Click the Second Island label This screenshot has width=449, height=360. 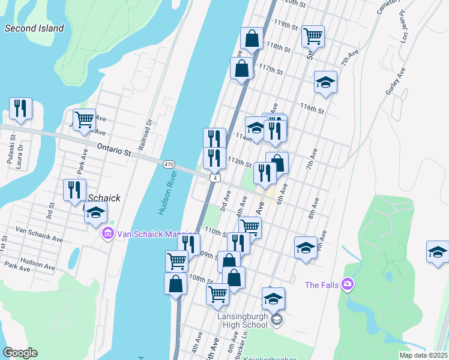[x=34, y=28]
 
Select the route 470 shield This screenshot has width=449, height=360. [x=169, y=164]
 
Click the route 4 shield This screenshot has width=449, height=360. [x=214, y=178]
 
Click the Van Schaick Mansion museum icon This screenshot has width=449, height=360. [x=107, y=233]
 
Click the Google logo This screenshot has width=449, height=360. [x=20, y=353]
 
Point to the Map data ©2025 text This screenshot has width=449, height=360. [x=423, y=355]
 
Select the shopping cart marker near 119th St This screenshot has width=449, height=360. [x=313, y=37]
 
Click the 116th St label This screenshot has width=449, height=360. [x=312, y=109]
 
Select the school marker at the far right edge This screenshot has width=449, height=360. [x=438, y=252]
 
